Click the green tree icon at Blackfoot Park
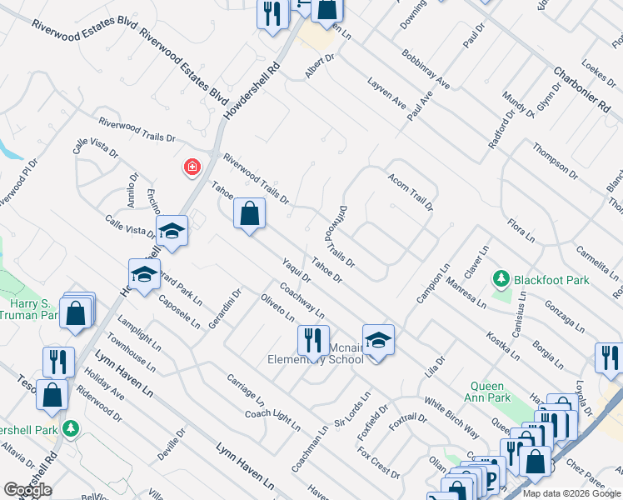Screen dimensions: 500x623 (x=501, y=278)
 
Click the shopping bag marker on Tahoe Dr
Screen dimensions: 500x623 (x=249, y=214)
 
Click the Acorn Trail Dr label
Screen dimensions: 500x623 (x=411, y=192)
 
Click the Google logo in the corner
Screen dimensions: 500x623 (x=27, y=490)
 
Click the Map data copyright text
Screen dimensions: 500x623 (x=571, y=493)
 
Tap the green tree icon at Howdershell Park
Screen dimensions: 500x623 (x=72, y=428)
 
